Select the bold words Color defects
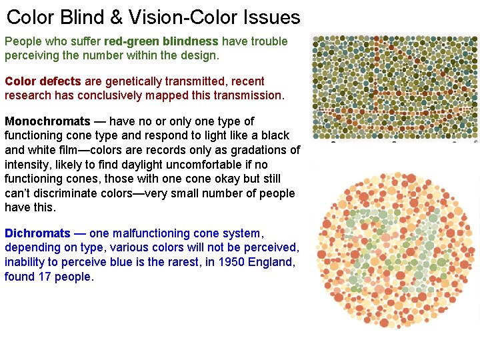coord(43,81)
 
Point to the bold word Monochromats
coord(47,121)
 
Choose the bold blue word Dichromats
coord(37,233)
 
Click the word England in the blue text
coord(271,262)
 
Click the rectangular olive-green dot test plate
coord(395,87)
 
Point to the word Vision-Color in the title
coord(185,17)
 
